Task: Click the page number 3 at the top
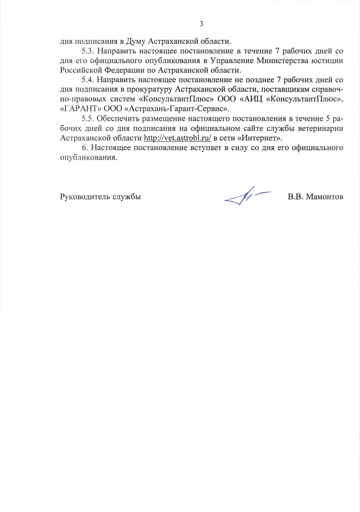click(x=201, y=24)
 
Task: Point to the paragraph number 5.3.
click(x=88, y=51)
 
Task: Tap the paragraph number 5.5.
click(x=88, y=119)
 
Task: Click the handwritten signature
click(x=244, y=196)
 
